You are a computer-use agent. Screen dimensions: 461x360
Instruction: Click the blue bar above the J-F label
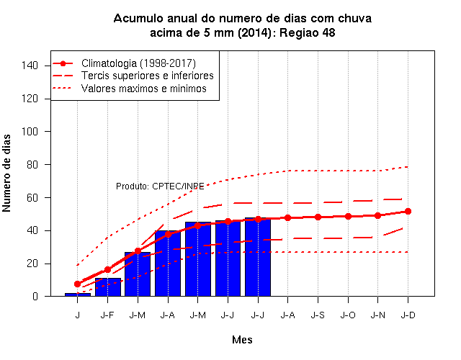pyautogui.click(x=108, y=287)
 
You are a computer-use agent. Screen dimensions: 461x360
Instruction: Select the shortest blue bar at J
pyautogui.click(x=78, y=294)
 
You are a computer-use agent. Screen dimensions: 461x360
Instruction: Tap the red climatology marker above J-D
pyautogui.click(x=408, y=211)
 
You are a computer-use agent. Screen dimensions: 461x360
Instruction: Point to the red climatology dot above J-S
pyautogui.click(x=318, y=217)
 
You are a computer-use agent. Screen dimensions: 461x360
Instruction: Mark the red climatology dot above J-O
pyautogui.click(x=348, y=217)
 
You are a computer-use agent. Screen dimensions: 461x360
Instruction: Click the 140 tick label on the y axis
pyautogui.click(x=30, y=66)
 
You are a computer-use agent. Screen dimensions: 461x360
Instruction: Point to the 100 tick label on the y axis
pyautogui.click(x=30, y=131)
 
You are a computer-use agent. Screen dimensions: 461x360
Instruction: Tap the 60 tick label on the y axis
pyautogui.click(x=32, y=198)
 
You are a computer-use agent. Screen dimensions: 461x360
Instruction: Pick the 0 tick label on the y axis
pyautogui.click(x=35, y=296)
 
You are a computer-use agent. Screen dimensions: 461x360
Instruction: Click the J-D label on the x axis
pyautogui.click(x=408, y=315)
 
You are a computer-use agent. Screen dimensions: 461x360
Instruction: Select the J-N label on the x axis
pyautogui.click(x=377, y=315)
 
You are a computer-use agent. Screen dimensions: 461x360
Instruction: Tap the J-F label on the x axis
pyautogui.click(x=107, y=315)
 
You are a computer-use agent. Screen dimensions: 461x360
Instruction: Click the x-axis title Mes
pyautogui.click(x=242, y=340)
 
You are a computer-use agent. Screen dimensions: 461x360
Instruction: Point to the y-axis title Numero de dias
pyautogui.click(x=6, y=174)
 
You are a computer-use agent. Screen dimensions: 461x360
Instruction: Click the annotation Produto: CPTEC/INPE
pyautogui.click(x=160, y=186)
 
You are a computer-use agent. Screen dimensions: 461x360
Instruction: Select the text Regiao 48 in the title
pyautogui.click(x=308, y=32)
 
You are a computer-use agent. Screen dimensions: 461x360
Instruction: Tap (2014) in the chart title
pyautogui.click(x=254, y=32)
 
